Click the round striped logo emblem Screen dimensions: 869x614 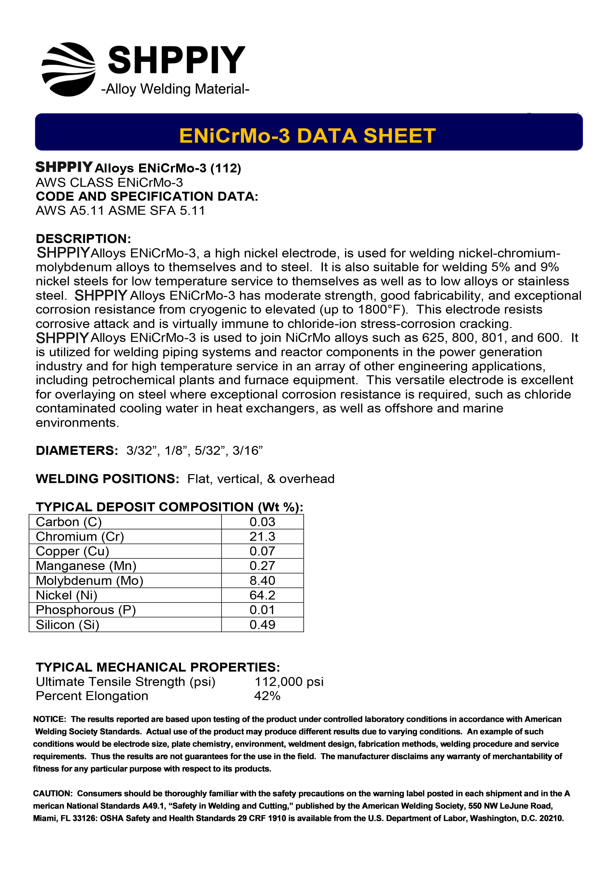click(69, 69)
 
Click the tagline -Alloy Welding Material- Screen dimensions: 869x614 click(175, 89)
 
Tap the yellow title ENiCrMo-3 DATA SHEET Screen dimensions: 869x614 click(307, 136)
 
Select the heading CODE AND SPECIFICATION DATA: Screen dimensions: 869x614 click(147, 196)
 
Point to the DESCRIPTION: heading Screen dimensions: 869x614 click(83, 239)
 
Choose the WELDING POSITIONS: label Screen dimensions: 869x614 click(107, 479)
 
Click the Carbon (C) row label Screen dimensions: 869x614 click(69, 522)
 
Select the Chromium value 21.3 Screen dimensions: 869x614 click(262, 537)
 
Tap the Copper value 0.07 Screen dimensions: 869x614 click(262, 551)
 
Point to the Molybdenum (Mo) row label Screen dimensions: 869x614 click(90, 581)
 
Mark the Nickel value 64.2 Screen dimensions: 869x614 click(262, 595)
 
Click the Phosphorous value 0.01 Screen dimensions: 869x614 click(262, 610)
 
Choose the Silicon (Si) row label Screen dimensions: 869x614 click(67, 625)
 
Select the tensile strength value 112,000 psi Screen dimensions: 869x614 click(289, 682)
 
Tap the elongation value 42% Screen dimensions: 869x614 click(267, 696)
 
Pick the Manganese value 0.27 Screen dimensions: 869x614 click(262, 566)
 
